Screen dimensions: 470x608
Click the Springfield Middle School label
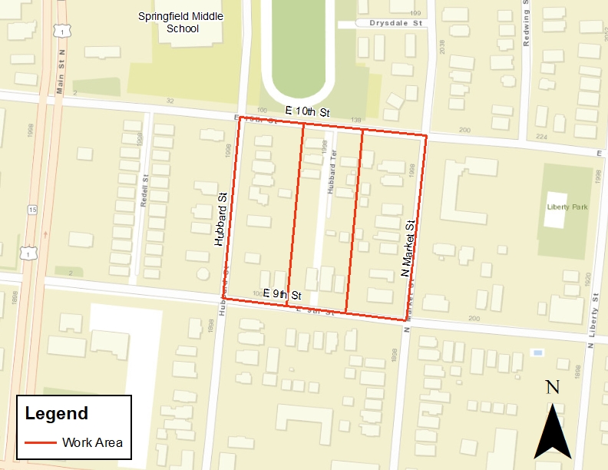[x=178, y=22]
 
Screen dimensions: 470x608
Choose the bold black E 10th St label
[x=307, y=112]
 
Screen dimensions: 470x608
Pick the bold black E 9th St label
[x=283, y=294]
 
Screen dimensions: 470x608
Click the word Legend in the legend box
[x=57, y=413]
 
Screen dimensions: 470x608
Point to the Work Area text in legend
[x=93, y=442]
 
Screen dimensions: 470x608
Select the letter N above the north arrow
[x=552, y=387]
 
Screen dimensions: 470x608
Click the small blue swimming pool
[x=537, y=352]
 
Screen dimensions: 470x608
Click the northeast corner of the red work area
[x=425, y=136]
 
